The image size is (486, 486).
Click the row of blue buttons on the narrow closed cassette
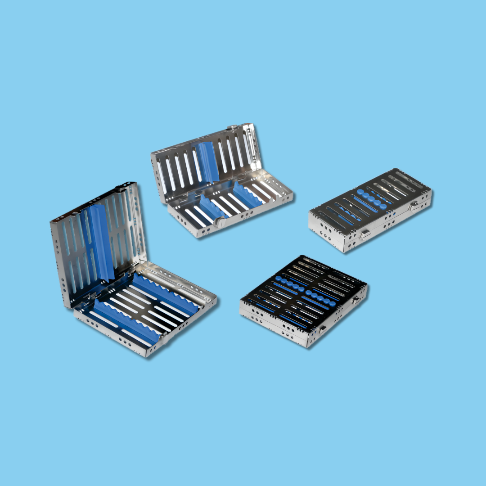[x=372, y=200]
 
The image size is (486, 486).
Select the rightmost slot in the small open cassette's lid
[x=247, y=143]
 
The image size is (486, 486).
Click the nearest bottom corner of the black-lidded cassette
[x=308, y=346]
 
